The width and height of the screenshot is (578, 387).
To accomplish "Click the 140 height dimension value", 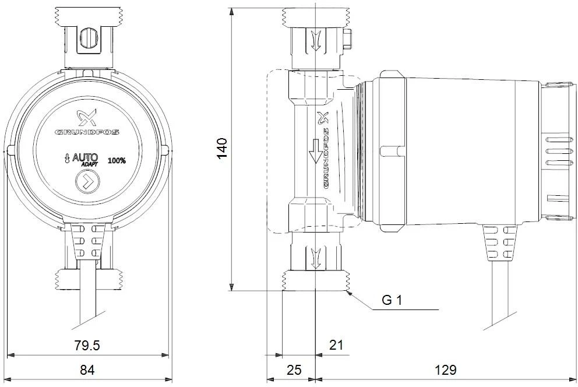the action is click(x=222, y=148).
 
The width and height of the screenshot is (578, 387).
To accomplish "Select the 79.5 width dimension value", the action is click(x=87, y=346).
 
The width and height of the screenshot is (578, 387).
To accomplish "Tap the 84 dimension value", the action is click(x=87, y=370).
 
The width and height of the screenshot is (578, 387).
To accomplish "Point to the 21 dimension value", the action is click(x=336, y=346).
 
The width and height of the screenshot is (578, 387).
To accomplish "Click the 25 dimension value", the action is click(x=294, y=370).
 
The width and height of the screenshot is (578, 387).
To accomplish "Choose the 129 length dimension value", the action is click(x=446, y=370).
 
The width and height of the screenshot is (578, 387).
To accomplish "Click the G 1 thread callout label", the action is click(x=392, y=300).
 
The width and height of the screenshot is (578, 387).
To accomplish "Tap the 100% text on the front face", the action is click(x=117, y=161).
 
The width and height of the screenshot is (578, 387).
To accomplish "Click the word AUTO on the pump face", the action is click(x=85, y=157).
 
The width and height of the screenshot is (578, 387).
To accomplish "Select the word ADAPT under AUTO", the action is click(x=90, y=164).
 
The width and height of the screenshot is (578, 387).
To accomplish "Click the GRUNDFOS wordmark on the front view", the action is click(x=87, y=132).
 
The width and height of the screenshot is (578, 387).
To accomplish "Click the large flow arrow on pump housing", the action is click(x=316, y=151).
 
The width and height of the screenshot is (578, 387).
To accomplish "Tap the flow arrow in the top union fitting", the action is click(x=316, y=40).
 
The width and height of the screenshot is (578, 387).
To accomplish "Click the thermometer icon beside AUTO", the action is click(x=67, y=159).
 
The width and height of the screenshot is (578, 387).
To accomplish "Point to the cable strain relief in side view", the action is click(x=500, y=243).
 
